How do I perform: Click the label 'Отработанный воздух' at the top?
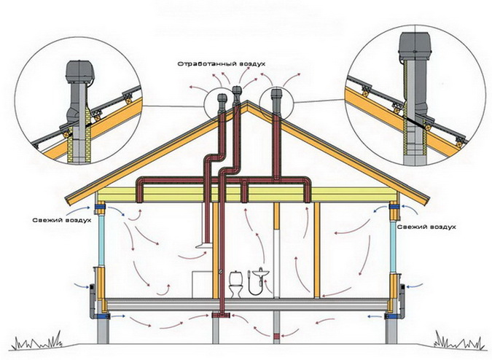pos(221,63)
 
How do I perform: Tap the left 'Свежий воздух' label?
pos(62,220)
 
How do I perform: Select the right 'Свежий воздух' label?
pos(426,227)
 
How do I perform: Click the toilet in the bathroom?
pos(236,284)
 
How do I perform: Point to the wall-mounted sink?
pos(260,273)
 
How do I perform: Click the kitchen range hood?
pos(203,246)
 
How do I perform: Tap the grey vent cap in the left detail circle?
pos(79,71)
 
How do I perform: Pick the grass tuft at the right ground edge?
pos(457,340)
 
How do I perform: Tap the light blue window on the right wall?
pos(394,246)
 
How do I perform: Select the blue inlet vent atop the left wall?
pos(101,207)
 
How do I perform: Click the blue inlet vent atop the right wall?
pos(394,207)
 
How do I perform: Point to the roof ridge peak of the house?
pos(247,101)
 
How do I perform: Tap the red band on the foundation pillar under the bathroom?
pos(277,337)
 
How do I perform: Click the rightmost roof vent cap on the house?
pos(276,95)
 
